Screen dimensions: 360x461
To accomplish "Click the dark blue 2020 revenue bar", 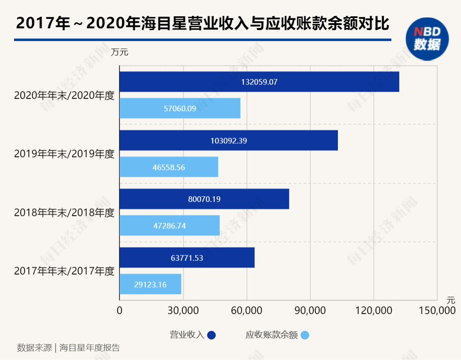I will (x=259, y=82).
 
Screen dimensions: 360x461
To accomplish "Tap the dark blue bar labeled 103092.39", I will (x=228, y=140).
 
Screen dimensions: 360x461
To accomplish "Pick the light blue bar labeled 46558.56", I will (x=169, y=167).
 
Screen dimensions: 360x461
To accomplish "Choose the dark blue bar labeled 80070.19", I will (x=204, y=199).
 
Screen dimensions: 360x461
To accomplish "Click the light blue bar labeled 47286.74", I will (x=169, y=226).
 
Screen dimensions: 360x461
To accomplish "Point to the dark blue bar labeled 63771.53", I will (x=187, y=258).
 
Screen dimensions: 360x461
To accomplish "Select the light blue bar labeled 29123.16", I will (x=150, y=284).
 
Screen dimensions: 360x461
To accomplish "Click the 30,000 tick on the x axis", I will (x=183, y=310).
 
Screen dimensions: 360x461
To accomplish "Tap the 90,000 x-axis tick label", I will (x=310, y=310).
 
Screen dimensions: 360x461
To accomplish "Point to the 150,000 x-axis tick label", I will (x=437, y=310).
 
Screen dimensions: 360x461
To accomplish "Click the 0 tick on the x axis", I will (x=120, y=310).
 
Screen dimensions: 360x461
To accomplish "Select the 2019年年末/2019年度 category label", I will (x=64, y=154).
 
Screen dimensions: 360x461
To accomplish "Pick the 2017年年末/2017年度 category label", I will (x=64, y=271).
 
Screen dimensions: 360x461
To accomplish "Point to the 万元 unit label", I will (x=120, y=53).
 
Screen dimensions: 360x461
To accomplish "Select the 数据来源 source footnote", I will (x=69, y=348).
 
